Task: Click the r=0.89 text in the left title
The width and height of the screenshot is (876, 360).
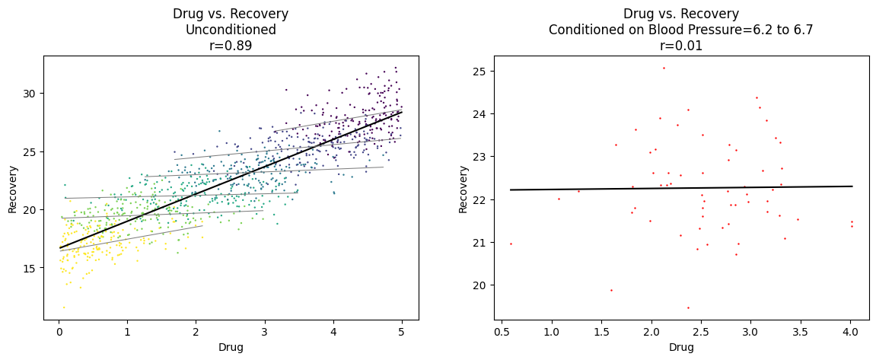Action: pos(231,46)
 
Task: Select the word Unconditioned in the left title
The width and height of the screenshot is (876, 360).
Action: pos(231,30)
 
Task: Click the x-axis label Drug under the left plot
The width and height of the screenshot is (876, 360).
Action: pos(231,347)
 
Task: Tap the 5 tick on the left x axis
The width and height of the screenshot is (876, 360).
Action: pos(401,332)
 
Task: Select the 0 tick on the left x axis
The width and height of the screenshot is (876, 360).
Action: pos(59,332)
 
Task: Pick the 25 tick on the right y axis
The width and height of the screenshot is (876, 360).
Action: pos(479,71)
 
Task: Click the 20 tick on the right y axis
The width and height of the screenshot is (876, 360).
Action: pos(479,285)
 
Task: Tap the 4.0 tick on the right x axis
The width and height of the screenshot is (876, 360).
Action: pos(850,332)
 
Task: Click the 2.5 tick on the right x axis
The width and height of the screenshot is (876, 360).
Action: pos(701,332)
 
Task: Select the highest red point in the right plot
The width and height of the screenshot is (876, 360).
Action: pos(664,68)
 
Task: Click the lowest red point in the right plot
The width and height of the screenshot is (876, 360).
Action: pos(688,307)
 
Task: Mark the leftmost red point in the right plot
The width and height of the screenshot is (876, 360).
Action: pos(511,244)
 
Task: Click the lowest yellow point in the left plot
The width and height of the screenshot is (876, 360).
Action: pos(64,307)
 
